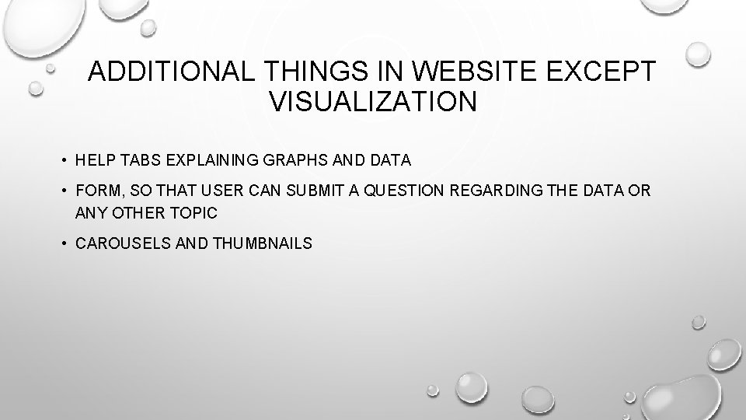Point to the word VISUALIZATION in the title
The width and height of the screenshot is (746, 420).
pyautogui.click(x=372, y=101)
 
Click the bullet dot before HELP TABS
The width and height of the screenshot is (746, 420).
pyautogui.click(x=61, y=161)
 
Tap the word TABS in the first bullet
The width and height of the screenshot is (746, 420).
pyautogui.click(x=134, y=160)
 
